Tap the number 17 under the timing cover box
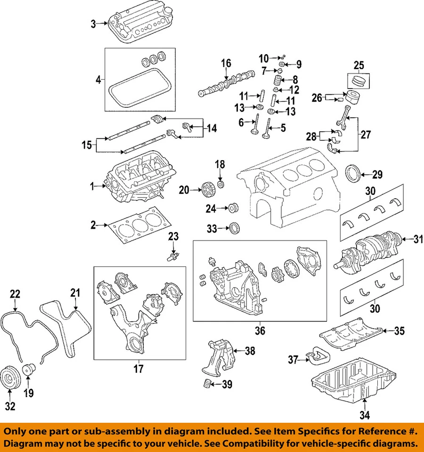point(138,370)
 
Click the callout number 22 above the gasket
point(15,293)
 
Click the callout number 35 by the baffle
point(399,331)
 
